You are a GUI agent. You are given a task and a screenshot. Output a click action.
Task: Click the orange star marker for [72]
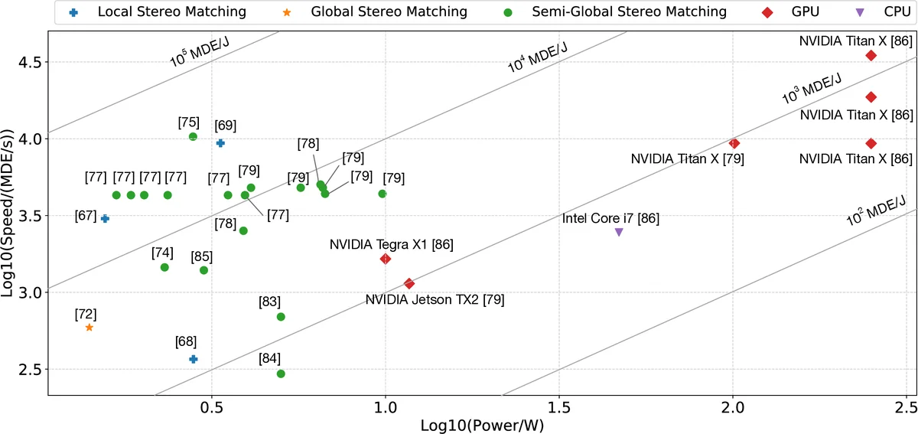click(90, 328)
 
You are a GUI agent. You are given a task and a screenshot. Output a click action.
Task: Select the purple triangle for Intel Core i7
click(619, 232)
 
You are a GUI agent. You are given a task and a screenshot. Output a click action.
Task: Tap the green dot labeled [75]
click(193, 137)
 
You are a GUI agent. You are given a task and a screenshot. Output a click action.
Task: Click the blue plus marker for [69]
click(220, 143)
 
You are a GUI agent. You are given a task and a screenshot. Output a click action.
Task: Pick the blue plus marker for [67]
click(105, 219)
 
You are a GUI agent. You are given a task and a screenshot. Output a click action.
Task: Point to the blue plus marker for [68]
click(194, 359)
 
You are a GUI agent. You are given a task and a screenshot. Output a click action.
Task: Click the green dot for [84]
click(281, 374)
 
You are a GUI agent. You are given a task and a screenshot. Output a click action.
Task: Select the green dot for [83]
click(281, 317)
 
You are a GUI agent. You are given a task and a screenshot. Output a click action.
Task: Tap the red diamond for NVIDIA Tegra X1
click(386, 259)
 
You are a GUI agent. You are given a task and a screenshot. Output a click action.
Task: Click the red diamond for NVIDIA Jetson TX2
click(409, 283)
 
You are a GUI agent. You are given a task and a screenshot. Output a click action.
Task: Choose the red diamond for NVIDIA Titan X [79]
click(734, 143)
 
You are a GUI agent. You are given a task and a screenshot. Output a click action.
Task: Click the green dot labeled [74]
click(164, 267)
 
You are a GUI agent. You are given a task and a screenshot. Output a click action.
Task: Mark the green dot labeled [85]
click(203, 270)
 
